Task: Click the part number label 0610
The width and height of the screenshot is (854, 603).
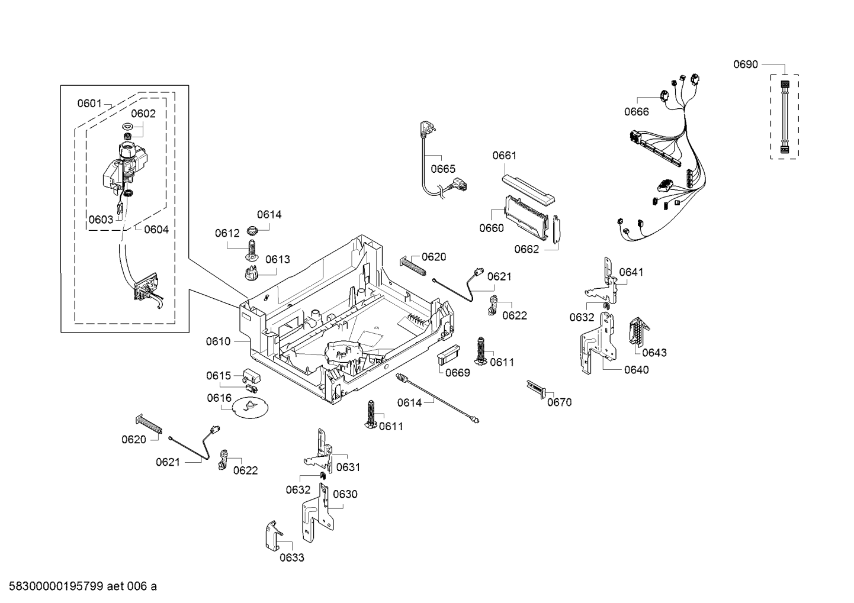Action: [218, 341]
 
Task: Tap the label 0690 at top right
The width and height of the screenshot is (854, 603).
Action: [745, 65]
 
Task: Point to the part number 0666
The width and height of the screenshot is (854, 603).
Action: [636, 111]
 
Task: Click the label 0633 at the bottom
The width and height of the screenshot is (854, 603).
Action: [291, 557]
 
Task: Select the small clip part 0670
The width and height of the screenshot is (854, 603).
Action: [535, 389]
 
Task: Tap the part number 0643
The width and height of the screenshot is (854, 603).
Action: [654, 353]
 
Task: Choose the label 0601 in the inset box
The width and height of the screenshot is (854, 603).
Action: [89, 104]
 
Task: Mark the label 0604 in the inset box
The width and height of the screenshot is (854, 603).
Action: [156, 230]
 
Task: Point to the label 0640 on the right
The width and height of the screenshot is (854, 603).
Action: [636, 370]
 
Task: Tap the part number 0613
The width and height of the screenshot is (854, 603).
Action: [277, 259]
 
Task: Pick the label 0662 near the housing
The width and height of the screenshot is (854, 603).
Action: [526, 249]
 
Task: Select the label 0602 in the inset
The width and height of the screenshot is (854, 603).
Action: [143, 114]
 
